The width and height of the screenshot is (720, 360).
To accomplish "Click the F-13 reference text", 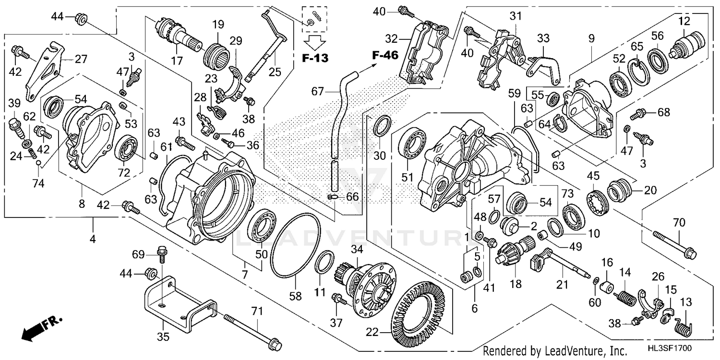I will [x=315, y=59].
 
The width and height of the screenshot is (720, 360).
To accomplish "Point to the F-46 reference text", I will [x=385, y=55].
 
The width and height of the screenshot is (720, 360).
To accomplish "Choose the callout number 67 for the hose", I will [x=317, y=90].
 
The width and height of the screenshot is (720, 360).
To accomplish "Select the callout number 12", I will [x=684, y=21].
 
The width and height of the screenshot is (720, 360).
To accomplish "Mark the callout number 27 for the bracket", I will [x=81, y=59].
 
